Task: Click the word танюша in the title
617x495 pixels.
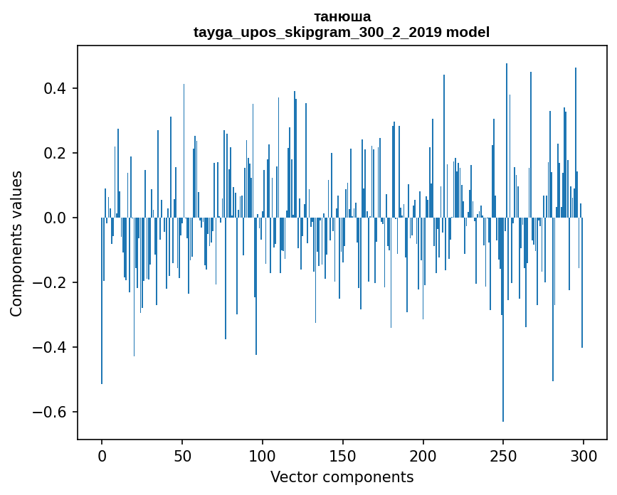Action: click(x=342, y=16)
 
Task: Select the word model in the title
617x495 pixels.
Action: click(x=468, y=32)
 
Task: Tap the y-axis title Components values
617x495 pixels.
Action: click(x=16, y=243)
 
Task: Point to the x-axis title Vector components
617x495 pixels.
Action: click(x=342, y=477)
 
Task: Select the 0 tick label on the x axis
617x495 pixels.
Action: click(x=102, y=456)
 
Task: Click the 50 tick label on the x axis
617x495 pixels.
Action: click(x=182, y=456)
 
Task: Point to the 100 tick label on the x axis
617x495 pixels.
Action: click(x=263, y=456)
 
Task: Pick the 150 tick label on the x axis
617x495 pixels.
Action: click(x=343, y=456)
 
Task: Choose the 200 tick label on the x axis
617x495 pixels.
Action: click(x=423, y=456)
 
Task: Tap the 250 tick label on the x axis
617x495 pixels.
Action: click(x=503, y=456)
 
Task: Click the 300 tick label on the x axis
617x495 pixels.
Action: click(x=584, y=456)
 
